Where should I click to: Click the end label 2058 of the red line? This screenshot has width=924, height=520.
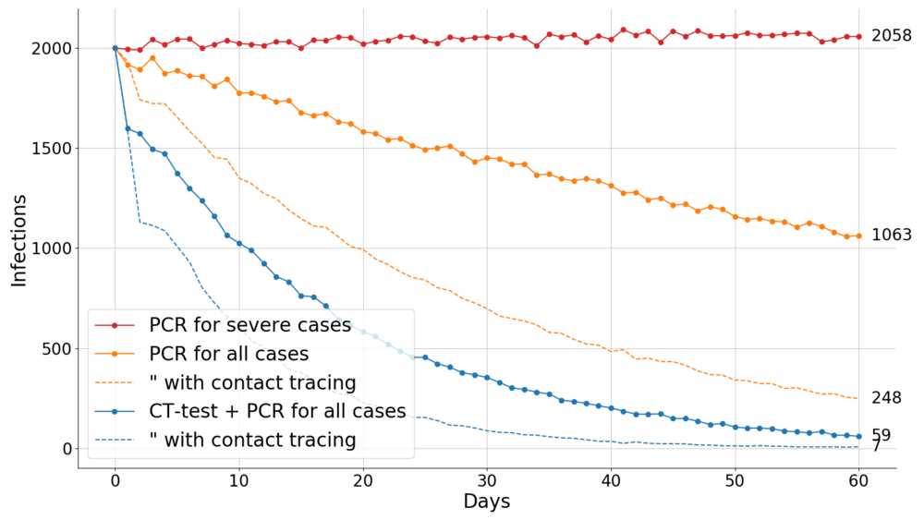892,36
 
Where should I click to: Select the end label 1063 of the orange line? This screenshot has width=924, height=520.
892,236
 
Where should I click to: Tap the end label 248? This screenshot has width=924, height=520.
885,398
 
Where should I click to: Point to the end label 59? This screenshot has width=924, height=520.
881,435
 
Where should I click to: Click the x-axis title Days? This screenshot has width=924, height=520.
486,502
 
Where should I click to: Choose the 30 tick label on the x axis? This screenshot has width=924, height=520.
486,480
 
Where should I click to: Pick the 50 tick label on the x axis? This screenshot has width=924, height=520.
735,480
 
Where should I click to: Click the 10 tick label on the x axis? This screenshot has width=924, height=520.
238,480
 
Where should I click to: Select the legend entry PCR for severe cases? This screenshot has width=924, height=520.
249,325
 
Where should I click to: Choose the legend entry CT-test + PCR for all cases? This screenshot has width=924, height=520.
277,411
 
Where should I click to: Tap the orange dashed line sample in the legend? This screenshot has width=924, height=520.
115,382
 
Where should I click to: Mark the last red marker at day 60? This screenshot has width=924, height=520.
858,37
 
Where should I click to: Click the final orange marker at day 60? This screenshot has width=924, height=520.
858,236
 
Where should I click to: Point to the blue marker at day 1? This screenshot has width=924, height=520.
128,128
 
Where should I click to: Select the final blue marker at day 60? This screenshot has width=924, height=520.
858,436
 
